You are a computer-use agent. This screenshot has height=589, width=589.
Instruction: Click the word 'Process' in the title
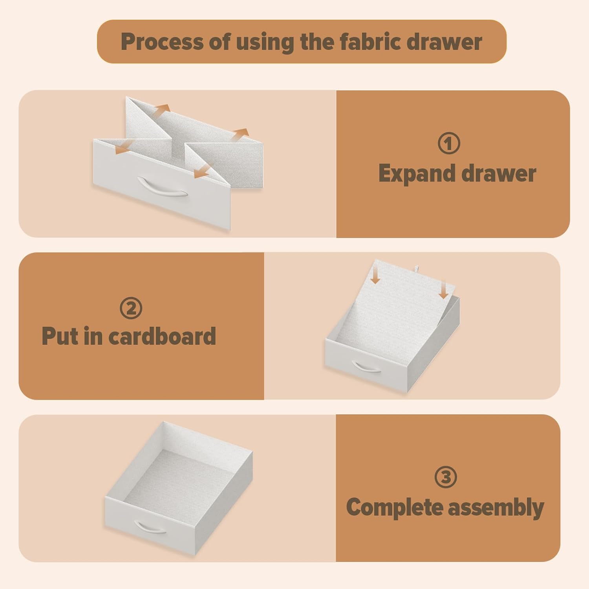[x=162, y=42]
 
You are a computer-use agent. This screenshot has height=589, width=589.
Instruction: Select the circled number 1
[x=449, y=143]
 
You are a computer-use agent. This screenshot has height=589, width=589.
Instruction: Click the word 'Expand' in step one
[x=417, y=174]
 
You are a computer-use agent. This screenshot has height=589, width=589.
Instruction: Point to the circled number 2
[x=131, y=308]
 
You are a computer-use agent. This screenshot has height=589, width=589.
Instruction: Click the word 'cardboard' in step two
[x=162, y=336]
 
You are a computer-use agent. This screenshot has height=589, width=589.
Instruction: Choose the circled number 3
[x=446, y=477]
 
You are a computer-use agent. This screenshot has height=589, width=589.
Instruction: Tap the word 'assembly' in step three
[x=496, y=508]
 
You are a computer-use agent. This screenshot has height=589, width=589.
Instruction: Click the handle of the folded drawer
[x=162, y=187]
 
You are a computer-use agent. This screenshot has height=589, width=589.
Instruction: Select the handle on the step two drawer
[x=367, y=367]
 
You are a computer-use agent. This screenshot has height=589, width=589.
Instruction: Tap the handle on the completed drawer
[x=150, y=527]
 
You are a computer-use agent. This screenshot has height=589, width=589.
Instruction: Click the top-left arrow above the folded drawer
[x=161, y=110]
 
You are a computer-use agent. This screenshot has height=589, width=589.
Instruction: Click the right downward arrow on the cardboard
[x=444, y=290]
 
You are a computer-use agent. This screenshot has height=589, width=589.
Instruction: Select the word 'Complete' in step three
[x=394, y=508]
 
